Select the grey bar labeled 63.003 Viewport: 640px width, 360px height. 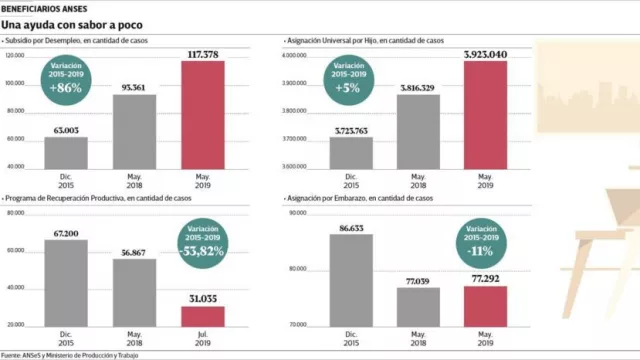[x=66, y=153]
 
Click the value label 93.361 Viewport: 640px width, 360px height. [x=134, y=86]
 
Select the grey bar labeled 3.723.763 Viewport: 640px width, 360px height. [x=351, y=153]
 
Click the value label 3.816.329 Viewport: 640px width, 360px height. [x=418, y=87]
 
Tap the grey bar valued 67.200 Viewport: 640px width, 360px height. [x=66, y=283]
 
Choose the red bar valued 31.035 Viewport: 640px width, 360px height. [x=202, y=316]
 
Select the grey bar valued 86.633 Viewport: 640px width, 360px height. [x=351, y=279]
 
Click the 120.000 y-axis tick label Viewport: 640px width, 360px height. [x=14, y=56]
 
